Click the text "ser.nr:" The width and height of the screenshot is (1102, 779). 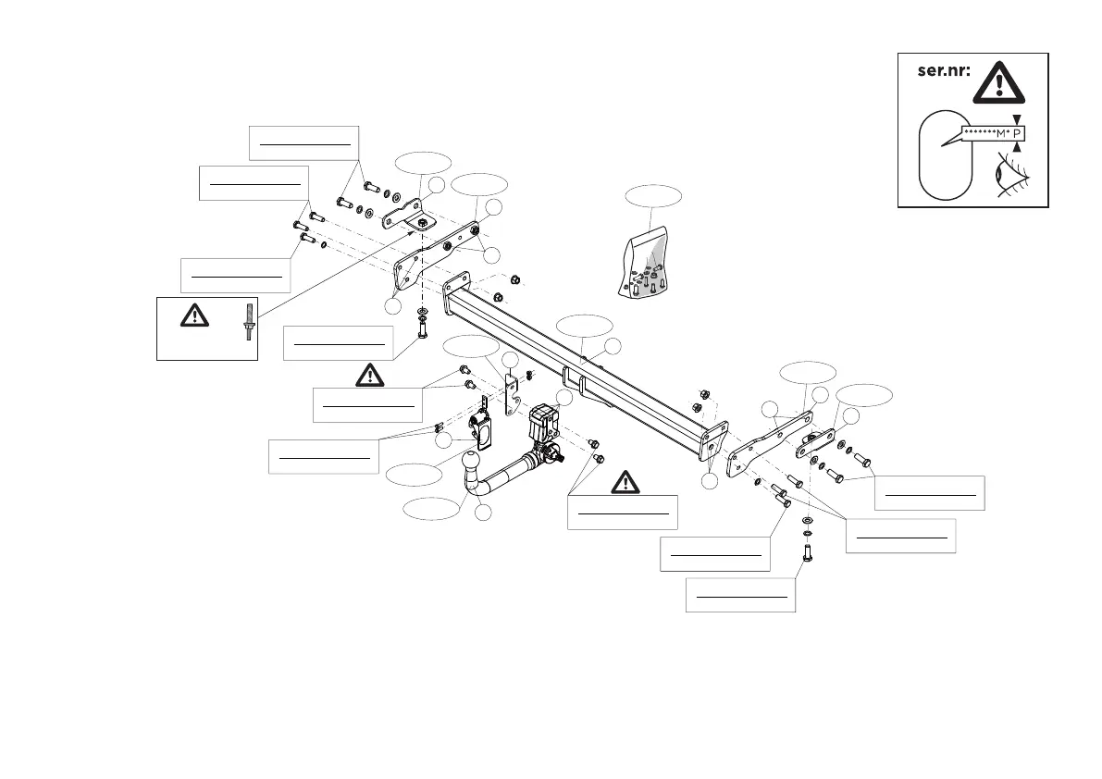click(944, 72)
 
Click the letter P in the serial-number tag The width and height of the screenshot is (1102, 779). click(1018, 133)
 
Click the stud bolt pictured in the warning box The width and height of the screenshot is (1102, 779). click(248, 321)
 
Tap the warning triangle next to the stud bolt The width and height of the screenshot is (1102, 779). click(194, 315)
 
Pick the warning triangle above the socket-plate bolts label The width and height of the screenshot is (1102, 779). click(368, 375)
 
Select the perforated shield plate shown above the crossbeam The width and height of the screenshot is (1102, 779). click(648, 264)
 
